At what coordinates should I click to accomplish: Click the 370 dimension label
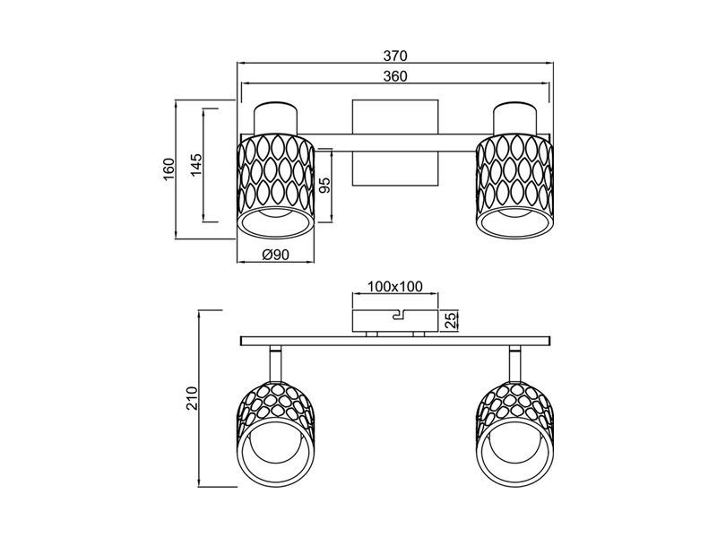click(394, 55)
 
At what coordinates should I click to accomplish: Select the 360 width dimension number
click(394, 76)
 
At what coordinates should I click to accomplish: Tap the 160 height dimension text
click(168, 170)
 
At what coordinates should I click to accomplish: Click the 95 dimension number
click(324, 187)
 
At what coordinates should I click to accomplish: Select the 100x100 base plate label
click(394, 288)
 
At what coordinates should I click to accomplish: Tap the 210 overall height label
click(190, 397)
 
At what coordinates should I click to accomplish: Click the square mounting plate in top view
click(394, 143)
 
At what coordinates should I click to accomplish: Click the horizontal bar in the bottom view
click(394, 341)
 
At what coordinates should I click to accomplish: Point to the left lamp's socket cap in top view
click(275, 119)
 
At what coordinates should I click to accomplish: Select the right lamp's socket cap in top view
click(514, 119)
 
